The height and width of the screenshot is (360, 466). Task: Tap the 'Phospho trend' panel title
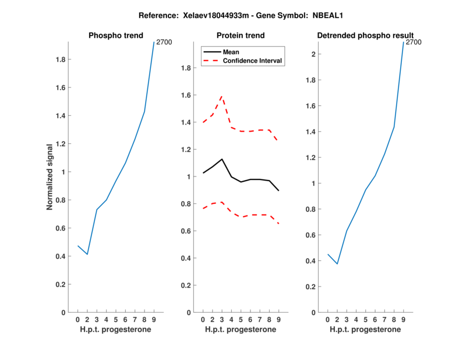(x=115, y=36)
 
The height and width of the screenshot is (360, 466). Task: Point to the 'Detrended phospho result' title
(x=365, y=36)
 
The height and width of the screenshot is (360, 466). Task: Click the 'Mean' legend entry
(x=231, y=52)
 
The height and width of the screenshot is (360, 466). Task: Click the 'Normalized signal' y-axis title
(x=50, y=177)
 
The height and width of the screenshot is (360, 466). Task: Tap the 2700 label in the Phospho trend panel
(x=164, y=42)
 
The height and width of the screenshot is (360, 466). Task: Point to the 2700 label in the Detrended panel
(x=414, y=42)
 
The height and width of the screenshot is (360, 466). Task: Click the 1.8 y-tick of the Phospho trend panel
(x=59, y=59)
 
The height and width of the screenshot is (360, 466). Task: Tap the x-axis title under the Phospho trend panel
(x=115, y=330)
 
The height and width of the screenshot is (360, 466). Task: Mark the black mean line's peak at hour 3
(x=221, y=159)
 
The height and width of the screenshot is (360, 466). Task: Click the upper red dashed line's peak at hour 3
(x=221, y=96)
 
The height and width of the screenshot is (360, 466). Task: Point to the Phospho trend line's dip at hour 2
(x=87, y=255)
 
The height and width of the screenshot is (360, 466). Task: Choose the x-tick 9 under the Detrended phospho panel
(x=403, y=320)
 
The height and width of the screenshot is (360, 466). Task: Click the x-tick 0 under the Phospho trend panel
(x=77, y=320)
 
